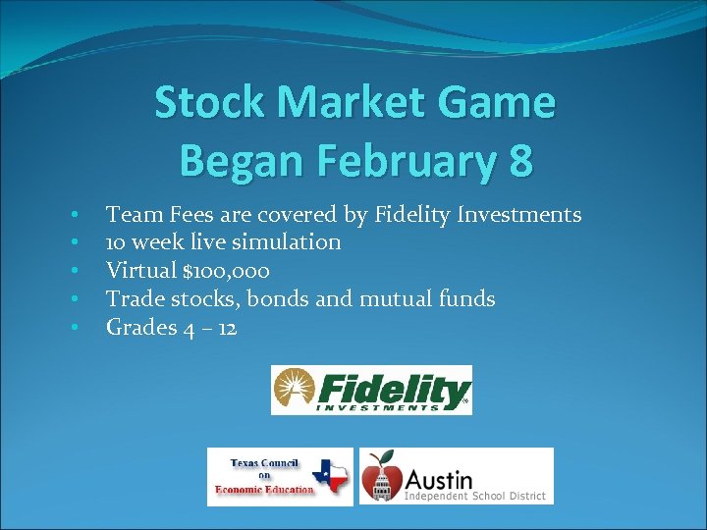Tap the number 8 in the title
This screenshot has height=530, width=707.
point(520,160)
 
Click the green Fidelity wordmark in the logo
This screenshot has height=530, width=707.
point(393,387)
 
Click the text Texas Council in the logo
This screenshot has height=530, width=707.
point(263,462)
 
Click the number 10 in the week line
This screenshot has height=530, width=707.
point(115,242)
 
